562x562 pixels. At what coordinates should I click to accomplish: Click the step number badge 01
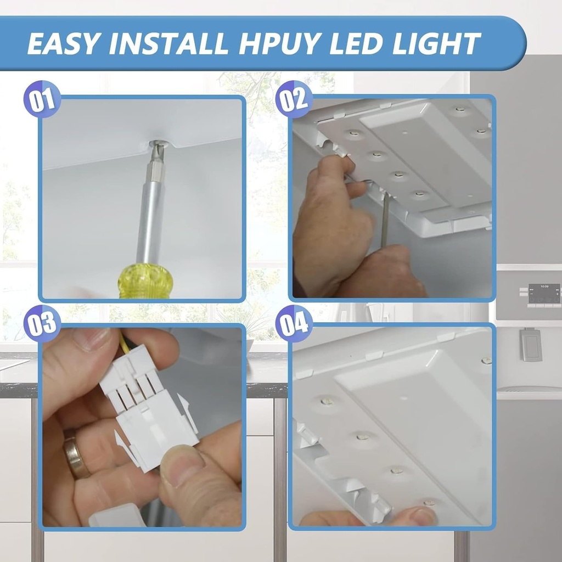pos(42,100)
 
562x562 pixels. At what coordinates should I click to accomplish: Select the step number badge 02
pos(294,99)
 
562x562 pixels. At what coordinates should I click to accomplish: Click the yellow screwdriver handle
pos(145,281)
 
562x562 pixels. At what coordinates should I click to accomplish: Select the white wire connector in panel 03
pos(148,412)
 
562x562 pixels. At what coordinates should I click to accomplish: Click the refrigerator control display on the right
pos(543,294)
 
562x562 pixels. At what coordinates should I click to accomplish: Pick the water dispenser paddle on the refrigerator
pos(531,344)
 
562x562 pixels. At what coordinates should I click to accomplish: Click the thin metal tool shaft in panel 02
pos(385,220)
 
